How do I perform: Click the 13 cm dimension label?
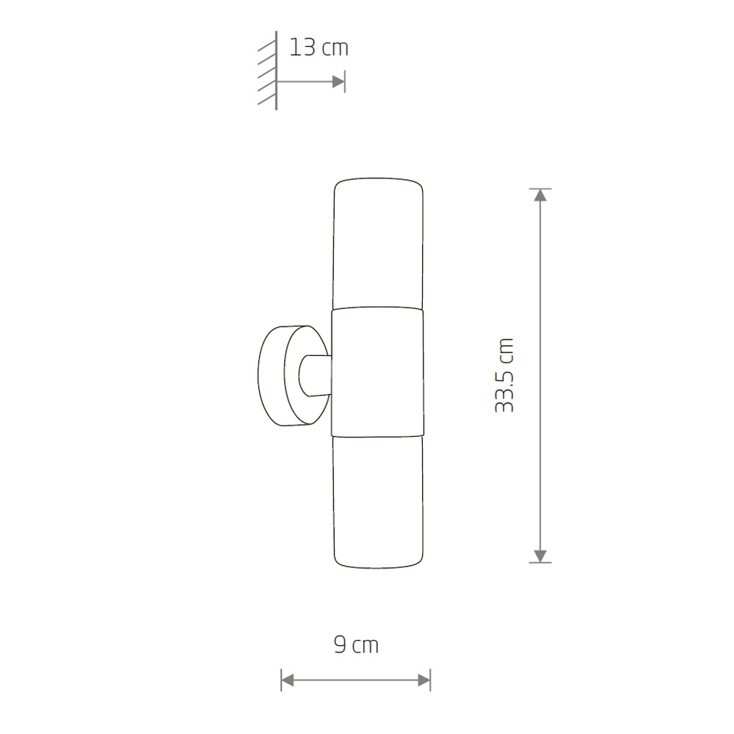[319, 48]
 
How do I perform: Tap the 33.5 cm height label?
[505, 375]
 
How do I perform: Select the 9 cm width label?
[356, 644]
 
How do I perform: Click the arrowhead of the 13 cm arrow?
[338, 81]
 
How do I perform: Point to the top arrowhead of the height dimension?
[540, 195]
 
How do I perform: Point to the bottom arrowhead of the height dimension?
[540, 556]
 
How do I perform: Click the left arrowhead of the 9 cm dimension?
[288, 680]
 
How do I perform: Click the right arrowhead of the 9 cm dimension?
[424, 680]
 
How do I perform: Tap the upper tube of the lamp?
[378, 244]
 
